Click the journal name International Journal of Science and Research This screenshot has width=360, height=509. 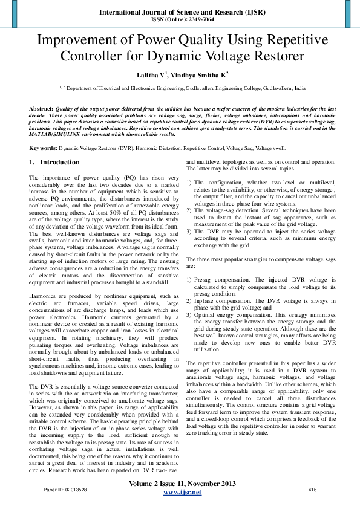point(180,11)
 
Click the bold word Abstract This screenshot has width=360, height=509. point(41,108)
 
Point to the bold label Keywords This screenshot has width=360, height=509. point(43,148)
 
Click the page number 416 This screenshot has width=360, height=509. point(313,489)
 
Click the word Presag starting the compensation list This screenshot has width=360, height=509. point(206,280)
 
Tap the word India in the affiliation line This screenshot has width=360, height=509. point(299,88)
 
